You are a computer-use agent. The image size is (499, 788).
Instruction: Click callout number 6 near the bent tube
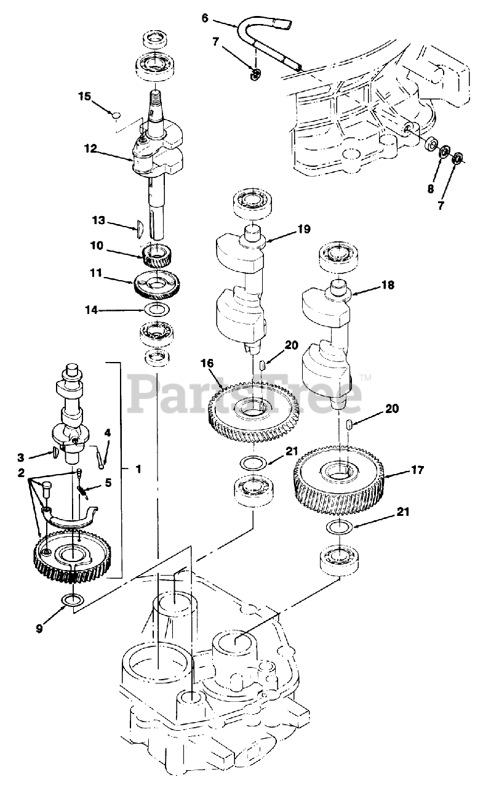(x=205, y=17)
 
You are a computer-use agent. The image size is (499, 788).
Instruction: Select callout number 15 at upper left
(x=84, y=96)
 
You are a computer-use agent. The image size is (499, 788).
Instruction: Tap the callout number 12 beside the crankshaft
(x=90, y=148)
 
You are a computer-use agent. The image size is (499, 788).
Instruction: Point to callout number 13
(x=99, y=220)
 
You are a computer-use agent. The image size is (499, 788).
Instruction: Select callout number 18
(x=387, y=285)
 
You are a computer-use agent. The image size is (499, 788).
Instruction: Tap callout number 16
(x=206, y=364)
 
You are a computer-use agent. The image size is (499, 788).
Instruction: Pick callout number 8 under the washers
(x=430, y=188)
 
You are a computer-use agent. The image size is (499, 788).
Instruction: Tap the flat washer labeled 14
(x=157, y=308)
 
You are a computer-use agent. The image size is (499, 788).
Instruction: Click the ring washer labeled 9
(x=73, y=600)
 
